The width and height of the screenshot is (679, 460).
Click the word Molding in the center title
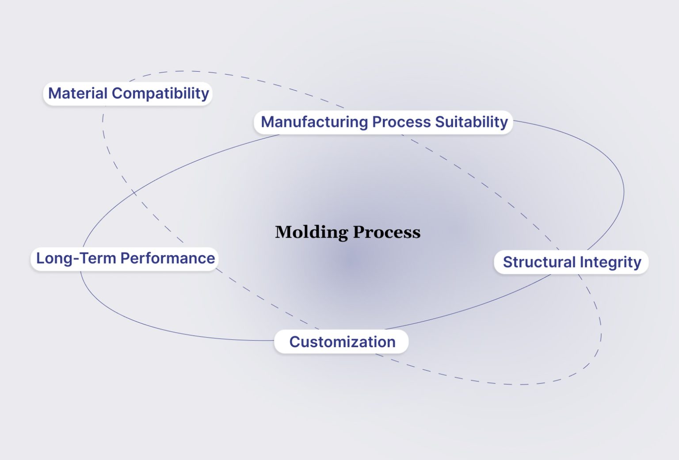pyautogui.click(x=312, y=232)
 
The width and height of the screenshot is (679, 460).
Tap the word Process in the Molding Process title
pyautogui.click(x=387, y=232)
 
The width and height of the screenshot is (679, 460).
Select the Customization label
pyautogui.click(x=342, y=342)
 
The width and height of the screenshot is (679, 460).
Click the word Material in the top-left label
pyautogui.click(x=78, y=93)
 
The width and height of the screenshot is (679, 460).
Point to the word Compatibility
pyautogui.click(x=160, y=93)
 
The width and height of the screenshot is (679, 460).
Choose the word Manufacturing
pyautogui.click(x=314, y=122)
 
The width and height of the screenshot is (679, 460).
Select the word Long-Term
pyautogui.click(x=76, y=258)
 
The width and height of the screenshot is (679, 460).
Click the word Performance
pyautogui.click(x=168, y=258)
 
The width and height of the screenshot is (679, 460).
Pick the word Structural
pyautogui.click(x=539, y=262)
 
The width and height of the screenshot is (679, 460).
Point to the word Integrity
pyautogui.click(x=610, y=262)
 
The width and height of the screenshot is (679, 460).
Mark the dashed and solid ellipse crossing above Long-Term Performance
pyautogui.click(x=134, y=193)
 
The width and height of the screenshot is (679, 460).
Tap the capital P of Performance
pyautogui.click(x=124, y=258)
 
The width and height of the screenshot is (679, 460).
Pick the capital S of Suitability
pyautogui.click(x=440, y=122)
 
